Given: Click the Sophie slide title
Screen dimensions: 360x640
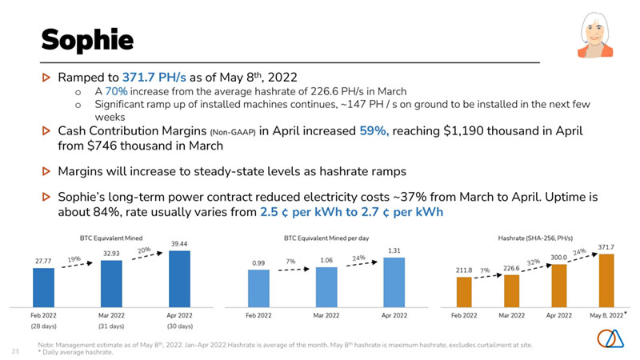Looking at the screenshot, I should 86,38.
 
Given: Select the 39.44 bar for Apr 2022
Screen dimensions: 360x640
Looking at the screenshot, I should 180,279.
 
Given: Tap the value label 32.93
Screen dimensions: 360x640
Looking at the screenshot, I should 112,253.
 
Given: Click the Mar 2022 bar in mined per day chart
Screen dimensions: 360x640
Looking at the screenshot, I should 326,287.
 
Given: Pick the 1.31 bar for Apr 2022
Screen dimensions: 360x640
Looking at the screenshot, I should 394,282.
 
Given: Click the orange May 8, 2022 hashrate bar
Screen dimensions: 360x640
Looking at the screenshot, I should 605,281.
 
